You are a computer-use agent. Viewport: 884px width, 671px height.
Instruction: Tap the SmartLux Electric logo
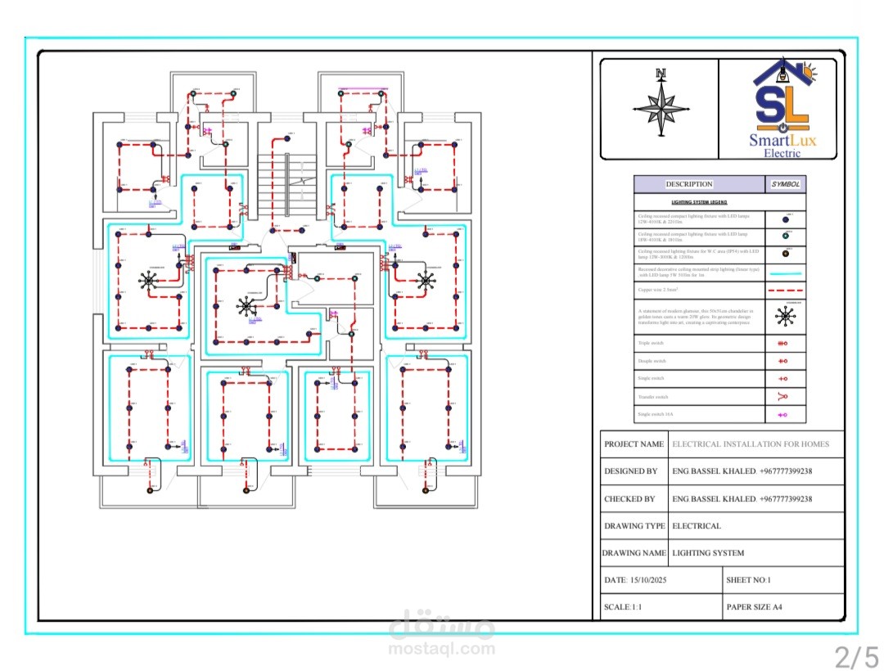pos(783,109)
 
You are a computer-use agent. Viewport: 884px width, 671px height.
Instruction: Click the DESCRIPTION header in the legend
pos(688,184)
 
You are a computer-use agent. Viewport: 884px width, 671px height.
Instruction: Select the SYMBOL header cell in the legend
pos(786,184)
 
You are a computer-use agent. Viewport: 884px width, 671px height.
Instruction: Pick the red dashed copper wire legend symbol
pos(786,290)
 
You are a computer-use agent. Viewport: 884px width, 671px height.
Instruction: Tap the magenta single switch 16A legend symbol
pos(783,415)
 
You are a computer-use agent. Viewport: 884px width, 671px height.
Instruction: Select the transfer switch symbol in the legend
pos(783,397)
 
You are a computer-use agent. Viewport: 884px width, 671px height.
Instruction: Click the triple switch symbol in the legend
pos(783,344)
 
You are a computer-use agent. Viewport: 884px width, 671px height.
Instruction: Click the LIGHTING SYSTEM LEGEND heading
pos(699,201)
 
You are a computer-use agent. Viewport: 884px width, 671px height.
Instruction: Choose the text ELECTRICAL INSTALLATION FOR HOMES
pos(751,444)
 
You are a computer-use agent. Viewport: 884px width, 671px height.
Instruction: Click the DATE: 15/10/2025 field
pos(634,579)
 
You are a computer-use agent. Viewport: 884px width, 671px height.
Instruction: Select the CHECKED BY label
pos(629,498)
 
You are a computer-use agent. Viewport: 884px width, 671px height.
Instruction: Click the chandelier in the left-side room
pos(149,281)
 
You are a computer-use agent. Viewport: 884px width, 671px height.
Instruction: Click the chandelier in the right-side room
pos(426,281)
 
